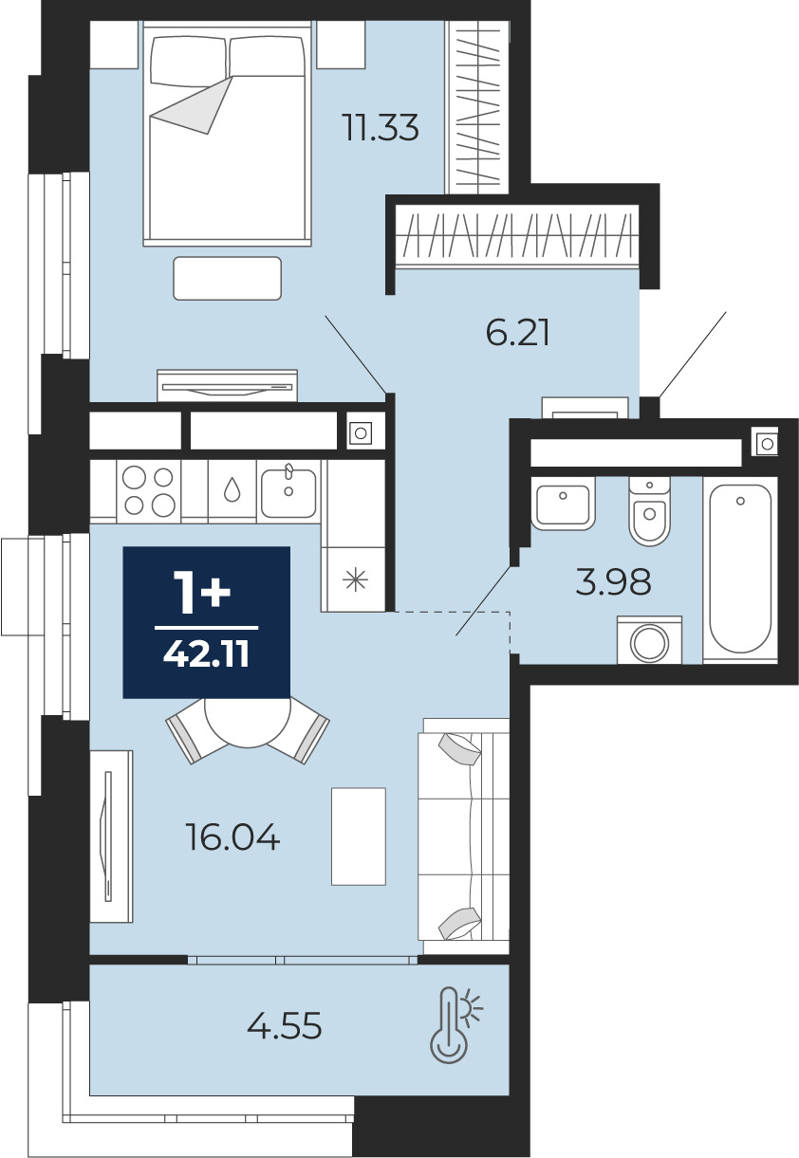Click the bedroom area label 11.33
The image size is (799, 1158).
click(381, 128)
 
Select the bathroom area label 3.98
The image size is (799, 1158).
click(613, 581)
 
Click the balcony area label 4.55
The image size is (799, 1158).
click(285, 1025)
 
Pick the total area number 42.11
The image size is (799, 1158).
click(206, 654)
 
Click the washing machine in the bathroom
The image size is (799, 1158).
click(649, 640)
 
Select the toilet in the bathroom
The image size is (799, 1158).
click(649, 511)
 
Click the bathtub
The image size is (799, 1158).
click(740, 570)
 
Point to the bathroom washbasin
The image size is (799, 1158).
click(563, 504)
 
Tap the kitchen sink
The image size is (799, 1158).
click(288, 490)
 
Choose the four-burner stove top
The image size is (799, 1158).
click(149, 491)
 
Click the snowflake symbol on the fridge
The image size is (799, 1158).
click(356, 579)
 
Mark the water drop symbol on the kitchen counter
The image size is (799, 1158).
click(232, 489)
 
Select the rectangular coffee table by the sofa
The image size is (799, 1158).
click(359, 836)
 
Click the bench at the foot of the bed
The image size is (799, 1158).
click(228, 278)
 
